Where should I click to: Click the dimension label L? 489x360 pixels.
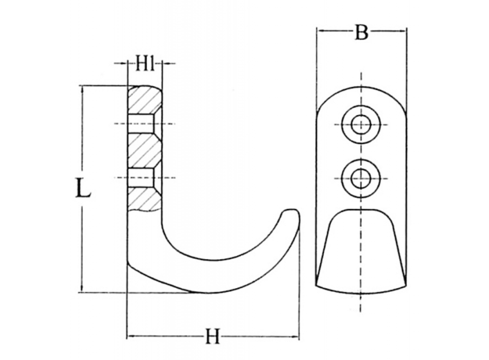pos(82,188)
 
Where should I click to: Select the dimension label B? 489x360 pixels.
pos(361,32)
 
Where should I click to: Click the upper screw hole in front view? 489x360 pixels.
pos(361,124)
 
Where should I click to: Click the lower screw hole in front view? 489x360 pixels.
pos(361,178)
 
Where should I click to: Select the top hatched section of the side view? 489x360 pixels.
pos(145,100)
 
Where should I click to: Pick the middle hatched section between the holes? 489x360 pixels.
pos(145,150)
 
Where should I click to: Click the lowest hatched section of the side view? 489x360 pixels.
pos(145,199)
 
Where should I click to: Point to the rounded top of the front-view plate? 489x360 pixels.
pos(361,88)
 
